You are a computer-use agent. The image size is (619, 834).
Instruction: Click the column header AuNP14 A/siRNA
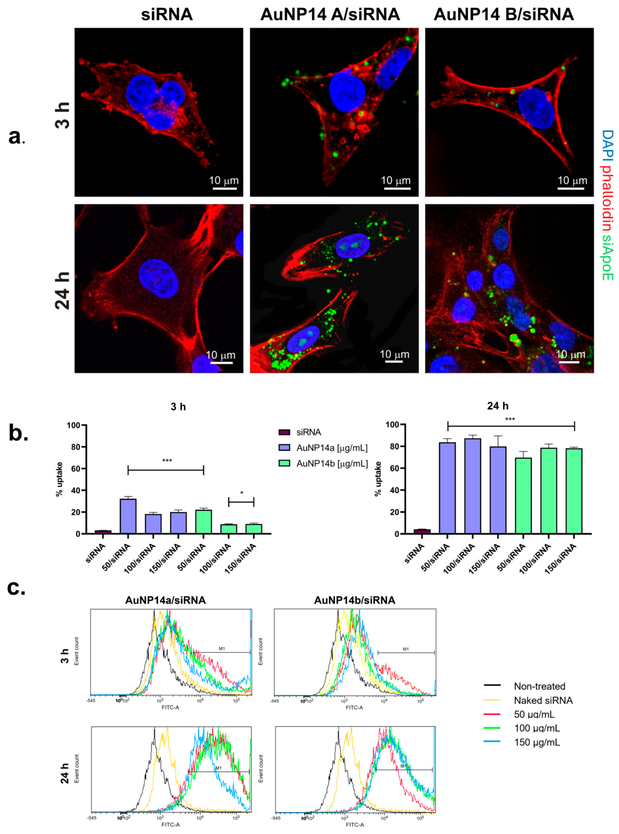tap(330, 15)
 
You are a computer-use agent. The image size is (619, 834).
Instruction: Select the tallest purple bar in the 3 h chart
tap(128, 516)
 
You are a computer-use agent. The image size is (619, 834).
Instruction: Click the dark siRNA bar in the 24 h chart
tap(422, 531)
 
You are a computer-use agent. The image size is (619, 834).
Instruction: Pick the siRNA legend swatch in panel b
tap(284, 432)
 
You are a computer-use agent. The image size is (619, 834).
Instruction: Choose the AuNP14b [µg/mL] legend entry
tap(332, 463)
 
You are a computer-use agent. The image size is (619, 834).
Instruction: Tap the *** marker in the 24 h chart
tap(510, 419)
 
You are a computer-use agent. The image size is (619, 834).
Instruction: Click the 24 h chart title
tap(497, 406)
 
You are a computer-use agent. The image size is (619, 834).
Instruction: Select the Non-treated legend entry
tap(539, 686)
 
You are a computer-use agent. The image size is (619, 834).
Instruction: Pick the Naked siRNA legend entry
tap(543, 700)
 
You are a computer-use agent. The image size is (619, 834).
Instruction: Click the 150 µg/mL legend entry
tap(537, 742)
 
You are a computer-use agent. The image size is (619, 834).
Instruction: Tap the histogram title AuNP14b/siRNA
tap(355, 600)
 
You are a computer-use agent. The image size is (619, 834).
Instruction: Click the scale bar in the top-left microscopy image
tap(225, 188)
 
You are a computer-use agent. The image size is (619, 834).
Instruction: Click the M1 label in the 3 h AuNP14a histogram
tap(222, 649)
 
